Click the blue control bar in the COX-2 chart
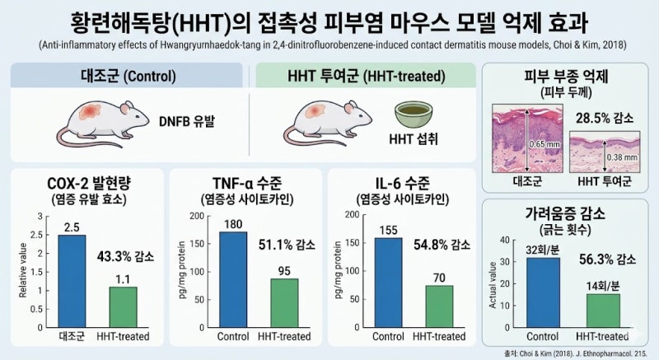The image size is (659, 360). click(72, 281)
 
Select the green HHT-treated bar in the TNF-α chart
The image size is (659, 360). click(284, 303)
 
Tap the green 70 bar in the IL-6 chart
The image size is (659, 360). click(440, 306)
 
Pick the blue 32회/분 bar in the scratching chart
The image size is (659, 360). click(543, 292)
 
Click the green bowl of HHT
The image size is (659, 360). click(414, 115)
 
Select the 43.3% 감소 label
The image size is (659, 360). click(125, 256)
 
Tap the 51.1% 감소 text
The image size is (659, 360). click(287, 245)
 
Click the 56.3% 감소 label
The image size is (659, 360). click(607, 259)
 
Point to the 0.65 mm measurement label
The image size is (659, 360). click(544, 144)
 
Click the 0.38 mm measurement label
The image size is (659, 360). click(622, 157)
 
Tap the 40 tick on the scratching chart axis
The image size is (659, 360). click(505, 240)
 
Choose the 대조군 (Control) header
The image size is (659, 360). click(129, 76)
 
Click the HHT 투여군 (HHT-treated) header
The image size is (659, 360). click(366, 76)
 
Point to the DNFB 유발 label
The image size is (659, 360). click(187, 121)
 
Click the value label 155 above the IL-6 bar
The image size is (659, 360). click(388, 230)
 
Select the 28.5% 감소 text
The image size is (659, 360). click(605, 118)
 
